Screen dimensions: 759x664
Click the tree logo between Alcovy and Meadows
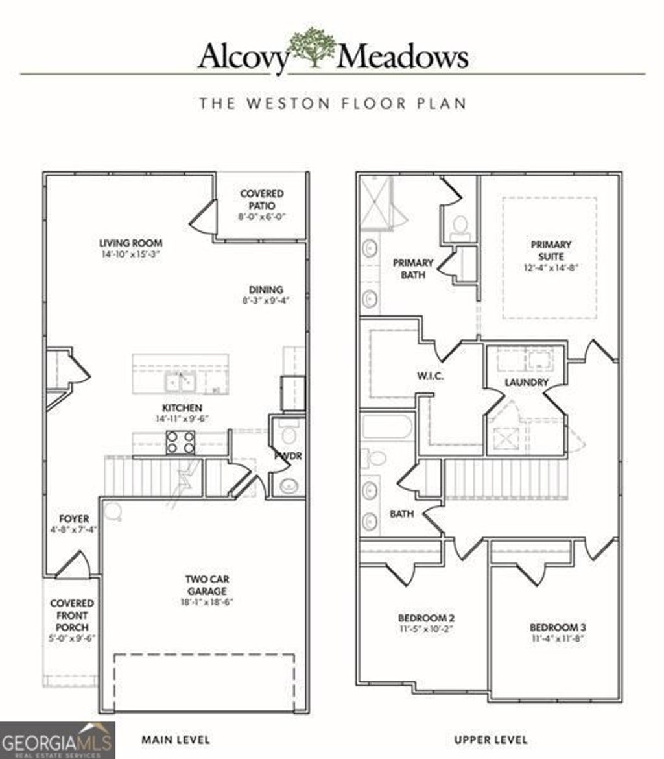pyautogui.click(x=313, y=47)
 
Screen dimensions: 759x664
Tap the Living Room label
pyautogui.click(x=130, y=243)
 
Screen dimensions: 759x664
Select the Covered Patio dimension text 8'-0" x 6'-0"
pyautogui.click(x=261, y=217)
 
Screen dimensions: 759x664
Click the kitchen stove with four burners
pyautogui.click(x=180, y=442)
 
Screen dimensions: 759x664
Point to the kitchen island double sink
pyautogui.click(x=180, y=383)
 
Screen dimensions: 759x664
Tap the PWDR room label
pyautogui.click(x=287, y=456)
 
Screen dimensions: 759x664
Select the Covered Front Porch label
pyautogui.click(x=72, y=615)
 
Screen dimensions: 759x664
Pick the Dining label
pyautogui.click(x=266, y=289)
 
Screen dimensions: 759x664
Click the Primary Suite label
pyautogui.click(x=551, y=250)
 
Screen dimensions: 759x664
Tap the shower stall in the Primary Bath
pyautogui.click(x=375, y=202)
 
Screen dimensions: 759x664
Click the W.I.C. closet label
pyautogui.click(x=430, y=376)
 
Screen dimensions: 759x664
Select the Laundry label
pyautogui.click(x=527, y=383)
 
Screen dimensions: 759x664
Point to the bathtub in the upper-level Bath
pyautogui.click(x=386, y=427)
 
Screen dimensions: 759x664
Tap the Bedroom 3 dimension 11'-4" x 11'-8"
pyautogui.click(x=558, y=638)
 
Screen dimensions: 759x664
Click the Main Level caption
pyautogui.click(x=176, y=739)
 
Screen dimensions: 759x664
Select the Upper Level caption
pyautogui.click(x=491, y=739)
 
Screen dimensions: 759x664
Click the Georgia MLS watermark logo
pyautogui.click(x=58, y=740)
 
